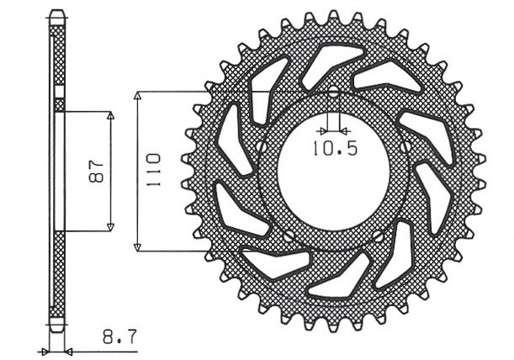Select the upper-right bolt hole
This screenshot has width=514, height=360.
(x=405, y=147)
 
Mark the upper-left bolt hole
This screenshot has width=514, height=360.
(x=262, y=147)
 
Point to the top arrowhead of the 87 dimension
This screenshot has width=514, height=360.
(x=111, y=115)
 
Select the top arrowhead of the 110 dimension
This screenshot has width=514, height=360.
(x=137, y=95)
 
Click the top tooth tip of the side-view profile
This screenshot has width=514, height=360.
(x=57, y=12)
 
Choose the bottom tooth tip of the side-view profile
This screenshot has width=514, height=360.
(x=57, y=330)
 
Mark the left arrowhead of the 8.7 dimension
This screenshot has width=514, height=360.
(x=45, y=351)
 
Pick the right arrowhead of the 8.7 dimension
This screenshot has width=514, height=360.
(x=70, y=351)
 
